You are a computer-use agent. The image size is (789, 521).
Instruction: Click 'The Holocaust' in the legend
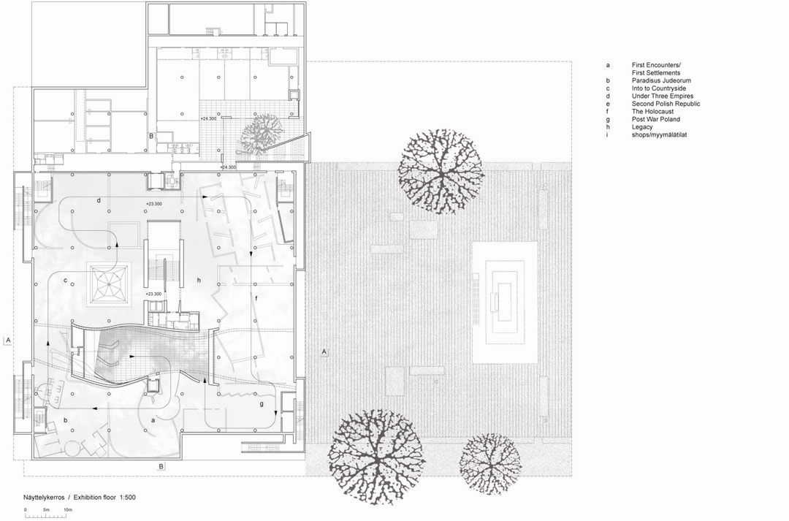652,112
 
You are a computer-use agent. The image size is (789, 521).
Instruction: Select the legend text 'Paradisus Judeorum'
661,80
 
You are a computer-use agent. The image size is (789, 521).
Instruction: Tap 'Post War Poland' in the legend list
655,119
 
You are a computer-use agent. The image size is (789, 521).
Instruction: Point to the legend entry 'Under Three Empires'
663,96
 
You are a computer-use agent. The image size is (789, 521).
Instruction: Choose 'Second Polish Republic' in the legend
666,104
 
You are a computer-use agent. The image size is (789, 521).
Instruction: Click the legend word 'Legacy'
642,127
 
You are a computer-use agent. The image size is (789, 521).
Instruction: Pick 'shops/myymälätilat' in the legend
659,135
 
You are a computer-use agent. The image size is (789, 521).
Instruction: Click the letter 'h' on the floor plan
199,280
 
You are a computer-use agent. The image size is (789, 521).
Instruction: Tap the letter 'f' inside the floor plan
256,299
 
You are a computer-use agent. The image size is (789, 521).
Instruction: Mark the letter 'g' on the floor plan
262,404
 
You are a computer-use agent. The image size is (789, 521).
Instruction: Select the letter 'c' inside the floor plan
65,281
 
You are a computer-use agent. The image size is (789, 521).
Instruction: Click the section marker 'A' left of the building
8,341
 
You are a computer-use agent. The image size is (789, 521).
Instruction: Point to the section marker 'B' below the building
161,466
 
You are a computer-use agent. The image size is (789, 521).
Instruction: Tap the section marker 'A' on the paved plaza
324,351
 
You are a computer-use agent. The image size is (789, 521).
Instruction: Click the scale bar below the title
46,515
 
